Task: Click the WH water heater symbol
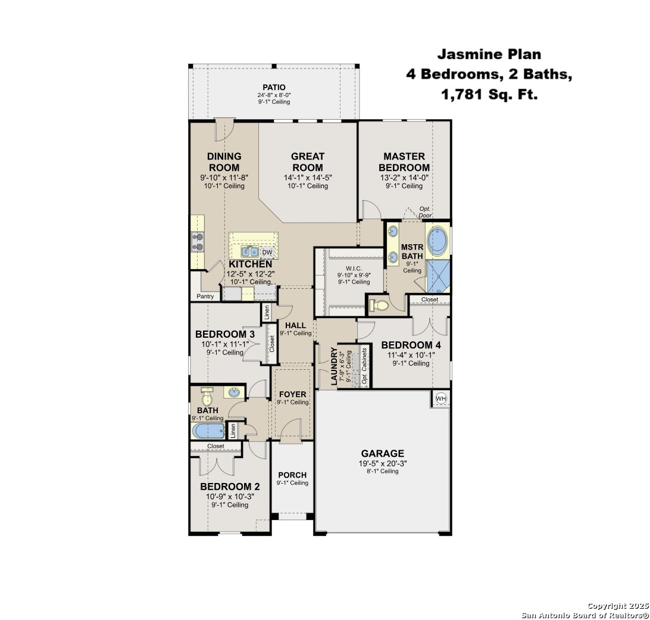click(x=441, y=398)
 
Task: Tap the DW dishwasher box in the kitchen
click(x=267, y=252)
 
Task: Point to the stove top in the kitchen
click(x=198, y=241)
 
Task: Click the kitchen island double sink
click(x=250, y=252)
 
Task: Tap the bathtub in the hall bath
click(x=208, y=431)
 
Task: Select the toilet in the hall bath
click(x=207, y=397)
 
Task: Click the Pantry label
click(x=205, y=297)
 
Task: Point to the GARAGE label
click(x=382, y=453)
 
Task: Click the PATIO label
click(x=274, y=87)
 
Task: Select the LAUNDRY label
click(x=334, y=367)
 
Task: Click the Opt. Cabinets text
click(x=364, y=365)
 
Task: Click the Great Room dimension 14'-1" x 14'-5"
click(x=308, y=177)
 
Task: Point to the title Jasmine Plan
click(x=489, y=54)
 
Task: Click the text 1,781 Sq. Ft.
click(x=489, y=94)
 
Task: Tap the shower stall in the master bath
click(x=438, y=276)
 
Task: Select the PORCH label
click(x=292, y=475)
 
